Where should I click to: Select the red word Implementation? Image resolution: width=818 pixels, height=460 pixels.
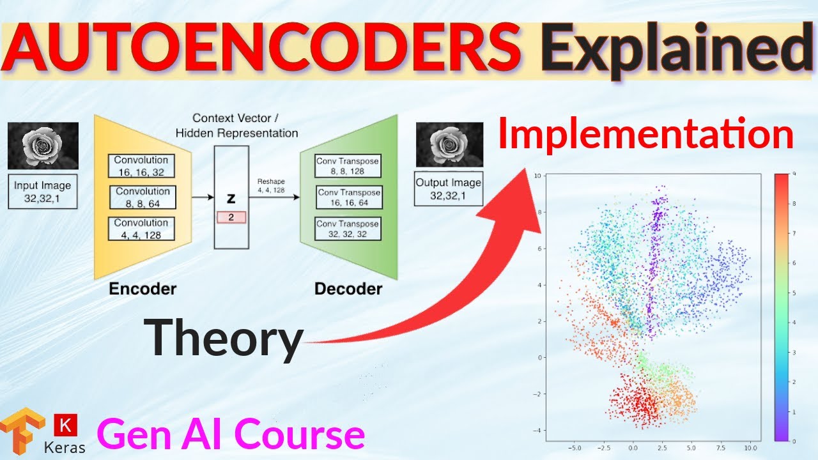point(645,135)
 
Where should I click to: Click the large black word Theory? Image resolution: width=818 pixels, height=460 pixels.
point(223,338)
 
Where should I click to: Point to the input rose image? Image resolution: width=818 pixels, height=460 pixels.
point(43,146)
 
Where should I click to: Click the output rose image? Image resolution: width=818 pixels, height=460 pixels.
point(449,144)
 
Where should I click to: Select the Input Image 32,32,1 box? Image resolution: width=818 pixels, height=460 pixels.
point(43,192)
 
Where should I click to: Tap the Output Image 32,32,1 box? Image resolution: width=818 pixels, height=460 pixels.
point(449,188)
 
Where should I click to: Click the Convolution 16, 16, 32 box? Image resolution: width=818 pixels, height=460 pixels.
point(141,166)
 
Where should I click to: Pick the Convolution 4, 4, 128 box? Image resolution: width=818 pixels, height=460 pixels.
point(141,229)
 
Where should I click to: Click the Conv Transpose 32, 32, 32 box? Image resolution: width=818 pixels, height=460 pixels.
point(348,229)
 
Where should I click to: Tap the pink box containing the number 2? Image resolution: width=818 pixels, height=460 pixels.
point(231,217)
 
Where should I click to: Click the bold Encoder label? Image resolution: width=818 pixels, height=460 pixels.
point(143,289)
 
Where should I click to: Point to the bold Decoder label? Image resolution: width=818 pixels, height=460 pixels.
point(348,289)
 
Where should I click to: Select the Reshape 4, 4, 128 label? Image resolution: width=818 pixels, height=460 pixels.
point(272,185)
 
